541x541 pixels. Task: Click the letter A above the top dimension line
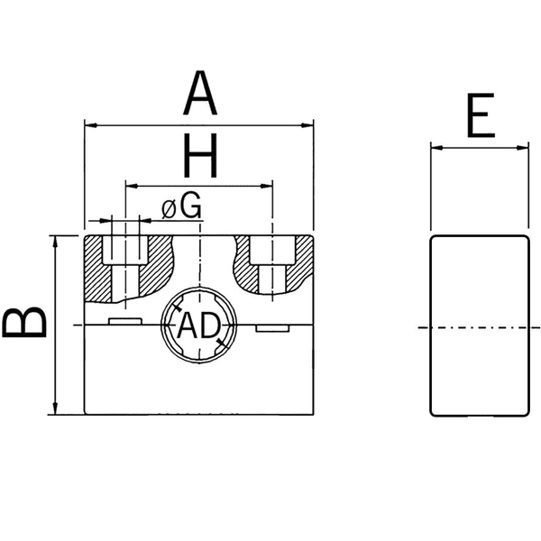click(x=200, y=96)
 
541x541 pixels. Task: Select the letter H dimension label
click(x=199, y=158)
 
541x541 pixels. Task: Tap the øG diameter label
click(x=181, y=206)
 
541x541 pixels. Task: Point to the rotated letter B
click(x=25, y=321)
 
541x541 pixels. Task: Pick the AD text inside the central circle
click(x=198, y=326)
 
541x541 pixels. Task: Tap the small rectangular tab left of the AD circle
click(x=124, y=320)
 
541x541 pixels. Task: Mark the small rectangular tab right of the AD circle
click(x=272, y=329)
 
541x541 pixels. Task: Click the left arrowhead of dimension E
click(x=436, y=146)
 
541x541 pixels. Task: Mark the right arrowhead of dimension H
click(x=267, y=186)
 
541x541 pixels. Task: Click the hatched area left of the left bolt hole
click(x=95, y=270)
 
